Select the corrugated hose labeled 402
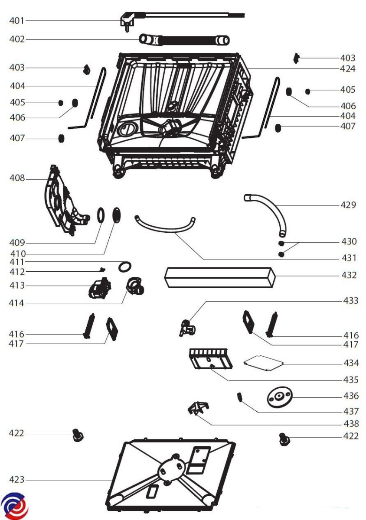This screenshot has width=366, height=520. (184, 40)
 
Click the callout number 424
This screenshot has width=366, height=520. (347, 68)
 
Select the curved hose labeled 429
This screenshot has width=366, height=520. (269, 208)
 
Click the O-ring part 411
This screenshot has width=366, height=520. (125, 266)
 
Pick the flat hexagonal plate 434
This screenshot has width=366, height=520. (264, 362)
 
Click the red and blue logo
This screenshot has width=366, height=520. (14, 505)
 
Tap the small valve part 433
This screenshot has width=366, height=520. (187, 327)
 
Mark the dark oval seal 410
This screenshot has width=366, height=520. (117, 214)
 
